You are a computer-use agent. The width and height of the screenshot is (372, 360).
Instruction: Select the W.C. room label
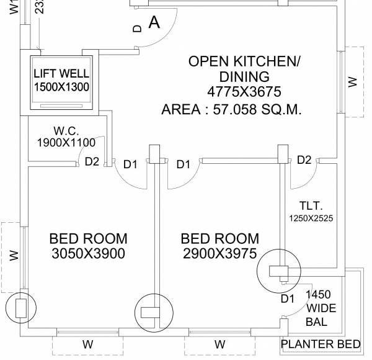[65, 131]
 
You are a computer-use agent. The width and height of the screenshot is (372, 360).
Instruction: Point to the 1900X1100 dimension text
[65, 142]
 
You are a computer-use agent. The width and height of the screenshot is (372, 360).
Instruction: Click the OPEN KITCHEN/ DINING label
[244, 69]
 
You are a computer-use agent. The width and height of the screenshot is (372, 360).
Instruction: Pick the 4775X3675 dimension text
[244, 92]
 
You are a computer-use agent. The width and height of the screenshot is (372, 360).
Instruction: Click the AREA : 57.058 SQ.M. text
[231, 110]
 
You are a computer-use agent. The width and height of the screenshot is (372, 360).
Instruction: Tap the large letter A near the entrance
[154, 22]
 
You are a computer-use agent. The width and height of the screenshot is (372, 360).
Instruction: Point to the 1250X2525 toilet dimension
[311, 218]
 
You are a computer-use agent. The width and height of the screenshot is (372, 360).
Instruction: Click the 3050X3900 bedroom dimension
[88, 253]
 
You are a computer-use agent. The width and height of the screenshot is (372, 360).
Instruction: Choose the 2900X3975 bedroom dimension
[219, 253]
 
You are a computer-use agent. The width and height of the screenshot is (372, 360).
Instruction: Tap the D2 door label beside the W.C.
[92, 162]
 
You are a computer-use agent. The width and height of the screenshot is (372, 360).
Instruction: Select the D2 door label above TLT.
[304, 160]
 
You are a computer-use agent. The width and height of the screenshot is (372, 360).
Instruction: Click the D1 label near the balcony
[288, 299]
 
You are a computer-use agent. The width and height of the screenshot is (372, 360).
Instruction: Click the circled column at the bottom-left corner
[20, 307]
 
